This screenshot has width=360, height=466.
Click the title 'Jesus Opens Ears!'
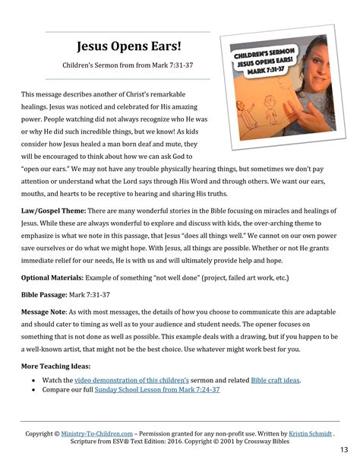click(128, 48)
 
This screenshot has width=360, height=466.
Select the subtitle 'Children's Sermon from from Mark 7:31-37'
click(128, 67)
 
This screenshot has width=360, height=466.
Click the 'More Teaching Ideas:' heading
click(59, 366)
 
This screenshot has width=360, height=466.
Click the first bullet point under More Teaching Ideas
click(35, 379)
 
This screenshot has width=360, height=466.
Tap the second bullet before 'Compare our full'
click(35, 389)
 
